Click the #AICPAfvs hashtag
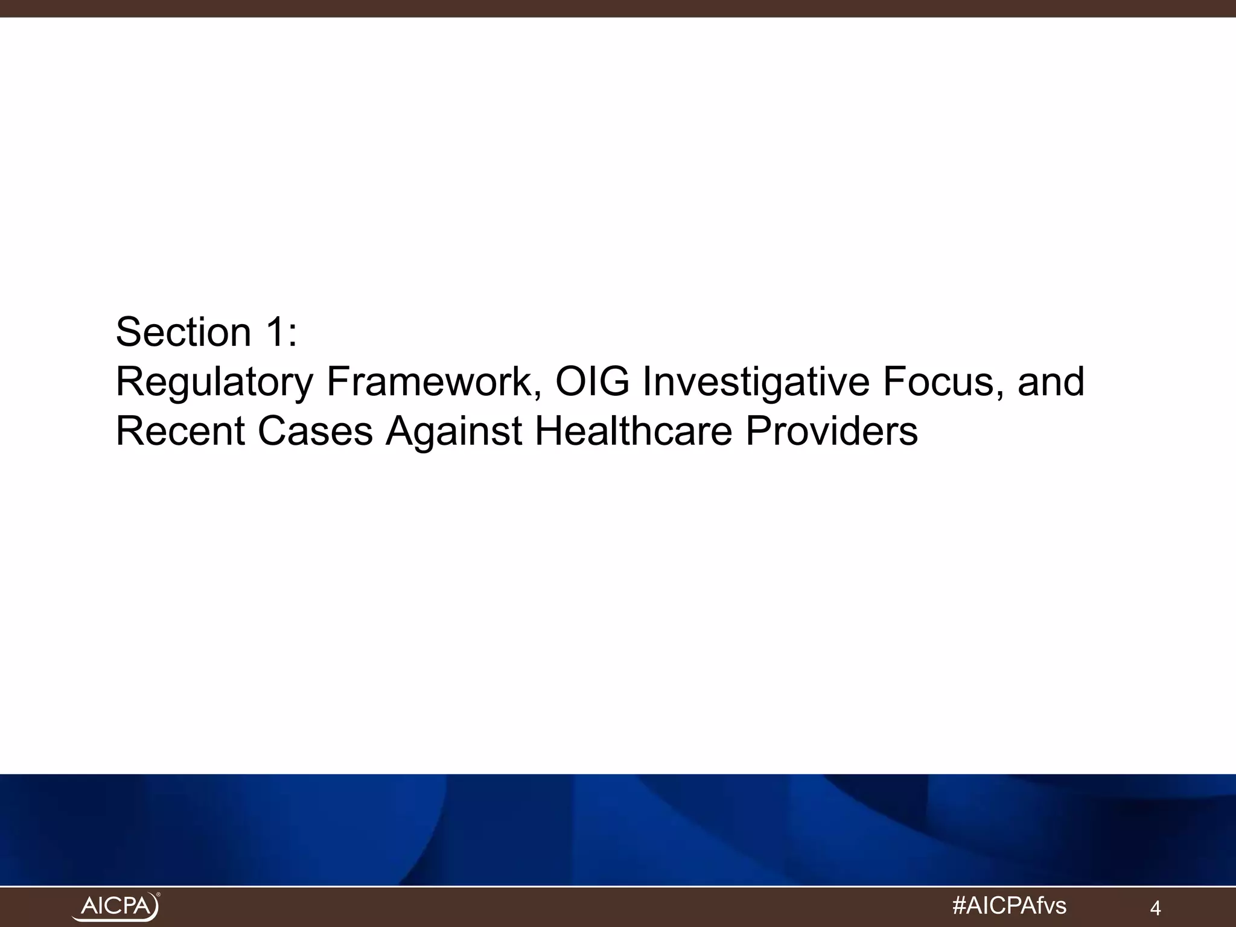click(1008, 905)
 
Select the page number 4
click(1156, 908)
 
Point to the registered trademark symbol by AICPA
click(158, 895)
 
